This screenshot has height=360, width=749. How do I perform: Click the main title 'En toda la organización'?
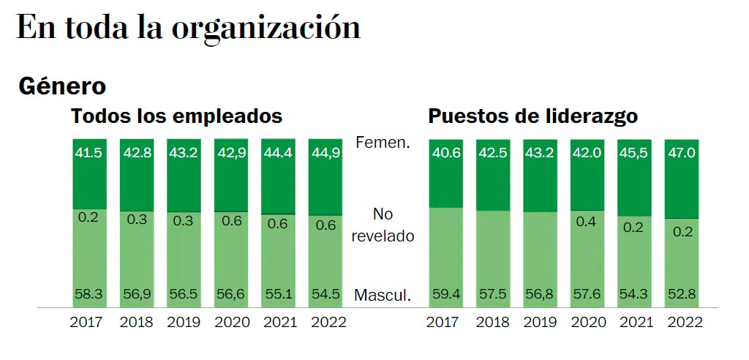pyautogui.click(x=188, y=28)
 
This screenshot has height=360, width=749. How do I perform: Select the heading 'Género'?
pyautogui.click(x=62, y=86)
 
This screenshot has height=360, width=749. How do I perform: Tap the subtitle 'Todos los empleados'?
pyautogui.click(x=176, y=116)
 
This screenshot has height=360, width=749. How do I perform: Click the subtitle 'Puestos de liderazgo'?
pyautogui.click(x=532, y=116)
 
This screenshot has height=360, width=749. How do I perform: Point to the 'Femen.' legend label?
pyautogui.click(x=383, y=143)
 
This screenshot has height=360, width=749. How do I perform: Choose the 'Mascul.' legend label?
pyautogui.click(x=383, y=296)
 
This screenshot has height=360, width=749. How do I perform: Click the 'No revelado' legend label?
pyautogui.click(x=383, y=225)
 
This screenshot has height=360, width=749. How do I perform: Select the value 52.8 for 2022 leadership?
pyautogui.click(x=682, y=295)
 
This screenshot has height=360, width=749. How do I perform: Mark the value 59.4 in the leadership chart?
pyautogui.click(x=445, y=295)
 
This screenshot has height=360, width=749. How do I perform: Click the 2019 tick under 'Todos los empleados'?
pyautogui.click(x=183, y=322)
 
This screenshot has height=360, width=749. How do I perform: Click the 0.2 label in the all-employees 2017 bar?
pyautogui.click(x=89, y=218)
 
